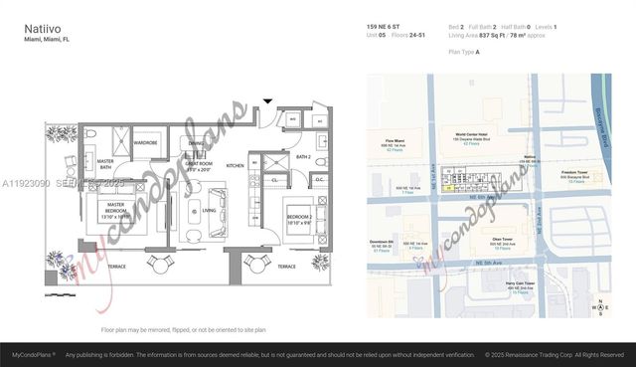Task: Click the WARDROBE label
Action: pos(146,142)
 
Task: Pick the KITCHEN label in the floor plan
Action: pos(235,165)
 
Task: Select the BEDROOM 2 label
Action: pos(302,218)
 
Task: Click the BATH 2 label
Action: pos(304,157)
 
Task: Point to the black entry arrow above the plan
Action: pos(267,100)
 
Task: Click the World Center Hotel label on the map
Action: pos(472,137)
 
